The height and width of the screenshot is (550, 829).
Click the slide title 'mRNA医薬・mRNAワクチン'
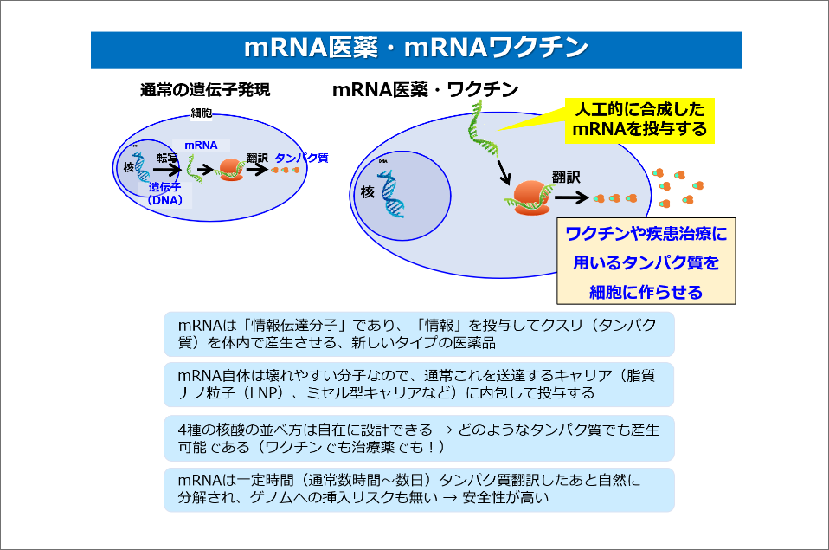(x=415, y=49)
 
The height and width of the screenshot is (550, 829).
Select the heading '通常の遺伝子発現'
(x=205, y=90)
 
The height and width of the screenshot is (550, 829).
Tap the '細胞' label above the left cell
(x=201, y=113)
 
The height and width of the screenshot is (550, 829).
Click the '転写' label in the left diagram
(x=166, y=158)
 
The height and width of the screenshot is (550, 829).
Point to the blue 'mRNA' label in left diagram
(x=201, y=146)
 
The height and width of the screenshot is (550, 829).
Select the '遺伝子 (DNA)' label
(x=164, y=192)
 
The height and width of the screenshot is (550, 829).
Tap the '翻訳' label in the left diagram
(x=257, y=158)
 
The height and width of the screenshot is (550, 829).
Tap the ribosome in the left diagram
(x=230, y=169)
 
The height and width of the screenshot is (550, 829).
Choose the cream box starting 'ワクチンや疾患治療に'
(x=645, y=262)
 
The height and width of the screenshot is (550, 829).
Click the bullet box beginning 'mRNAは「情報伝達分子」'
(x=418, y=333)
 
